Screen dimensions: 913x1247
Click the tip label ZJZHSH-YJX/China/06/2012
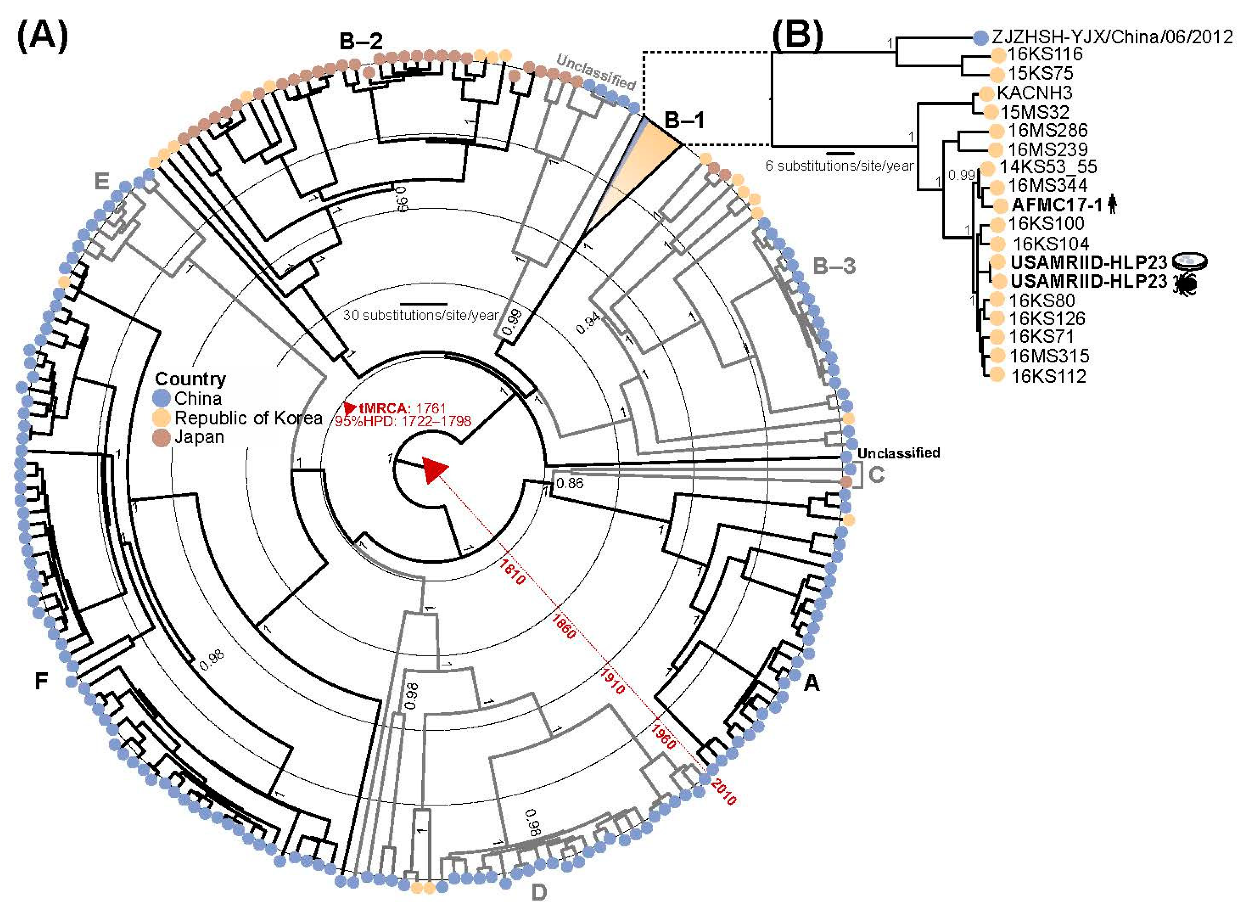1112,37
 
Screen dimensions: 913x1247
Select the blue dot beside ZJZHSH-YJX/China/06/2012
980,37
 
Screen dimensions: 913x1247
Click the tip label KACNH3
1027,92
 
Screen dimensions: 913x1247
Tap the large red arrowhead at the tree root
434,470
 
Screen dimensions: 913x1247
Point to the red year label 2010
723,791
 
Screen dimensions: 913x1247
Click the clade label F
41,681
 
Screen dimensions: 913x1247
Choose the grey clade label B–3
834,266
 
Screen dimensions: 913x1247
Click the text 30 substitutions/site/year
421,315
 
